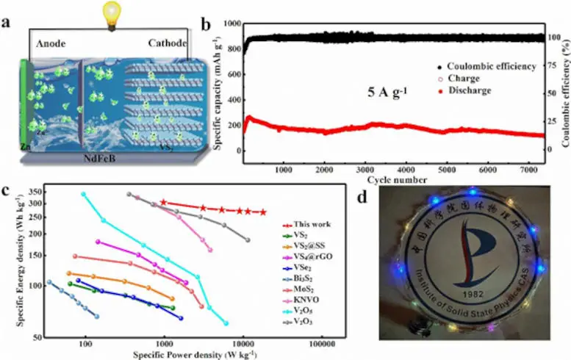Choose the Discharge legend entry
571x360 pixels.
(478, 91)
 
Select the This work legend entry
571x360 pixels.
(312, 224)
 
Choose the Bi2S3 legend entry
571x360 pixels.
(310, 279)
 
